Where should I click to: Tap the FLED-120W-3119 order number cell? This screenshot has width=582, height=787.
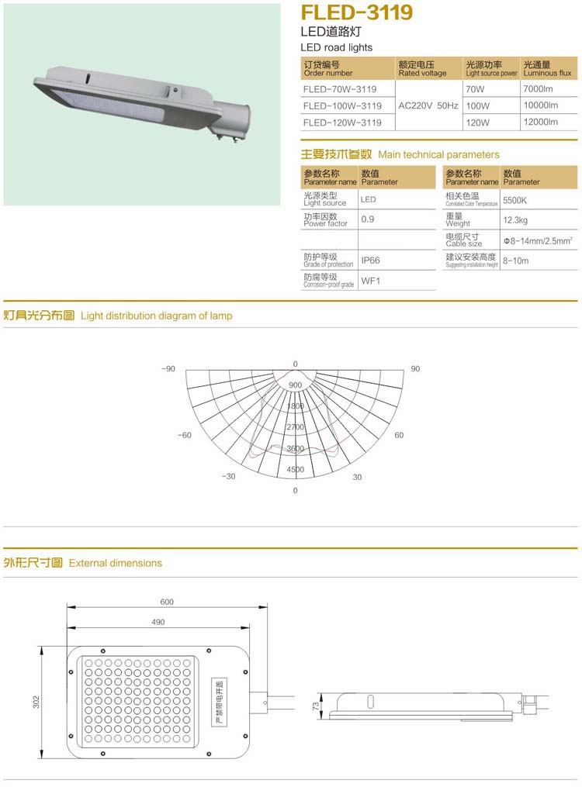[x=341, y=123]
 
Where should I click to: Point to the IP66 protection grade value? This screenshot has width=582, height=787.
[x=371, y=261]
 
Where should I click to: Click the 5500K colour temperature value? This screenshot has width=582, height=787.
[x=515, y=199]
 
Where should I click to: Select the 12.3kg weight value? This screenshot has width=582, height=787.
[x=515, y=220]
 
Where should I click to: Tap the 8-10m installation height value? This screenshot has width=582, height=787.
[x=515, y=261]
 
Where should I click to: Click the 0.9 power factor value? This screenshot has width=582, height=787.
[x=368, y=219]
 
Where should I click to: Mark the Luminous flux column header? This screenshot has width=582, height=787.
[x=547, y=69]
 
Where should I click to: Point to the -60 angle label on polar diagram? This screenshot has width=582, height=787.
[x=185, y=436]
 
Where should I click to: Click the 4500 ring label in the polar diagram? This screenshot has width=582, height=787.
[x=295, y=470]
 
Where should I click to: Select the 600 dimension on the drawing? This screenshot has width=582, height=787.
[x=167, y=602]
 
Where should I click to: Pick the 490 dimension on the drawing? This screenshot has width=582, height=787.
[x=158, y=622]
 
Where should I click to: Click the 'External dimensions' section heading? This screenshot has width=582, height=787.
[x=115, y=563]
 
